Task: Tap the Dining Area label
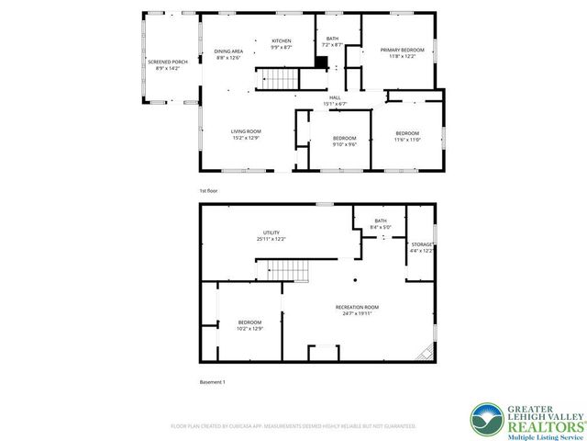(x=228, y=51)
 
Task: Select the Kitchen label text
(x=281, y=40)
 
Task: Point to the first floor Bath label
(x=332, y=39)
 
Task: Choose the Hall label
(x=336, y=97)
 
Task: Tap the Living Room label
(x=246, y=131)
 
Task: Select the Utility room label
(x=271, y=232)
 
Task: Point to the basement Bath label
(x=380, y=221)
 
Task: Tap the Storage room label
(x=421, y=244)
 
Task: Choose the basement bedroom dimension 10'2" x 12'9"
(x=249, y=328)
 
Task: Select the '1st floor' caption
(x=209, y=191)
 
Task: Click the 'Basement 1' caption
(x=212, y=381)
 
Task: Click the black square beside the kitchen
(x=321, y=62)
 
